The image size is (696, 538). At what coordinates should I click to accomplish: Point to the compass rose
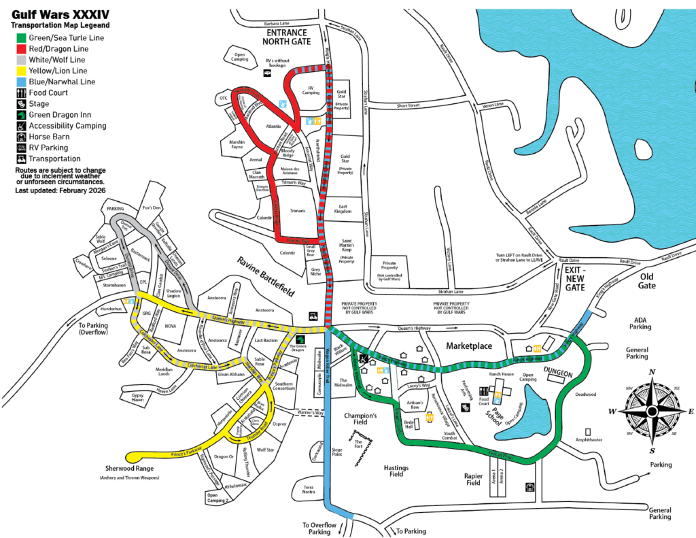tap(652, 411)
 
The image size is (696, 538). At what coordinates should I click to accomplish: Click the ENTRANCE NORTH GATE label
tap(286, 37)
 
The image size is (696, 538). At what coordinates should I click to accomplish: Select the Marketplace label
tap(468, 346)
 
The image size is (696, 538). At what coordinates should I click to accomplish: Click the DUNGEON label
tap(559, 373)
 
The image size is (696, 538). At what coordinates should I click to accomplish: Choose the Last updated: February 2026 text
tap(60, 191)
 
